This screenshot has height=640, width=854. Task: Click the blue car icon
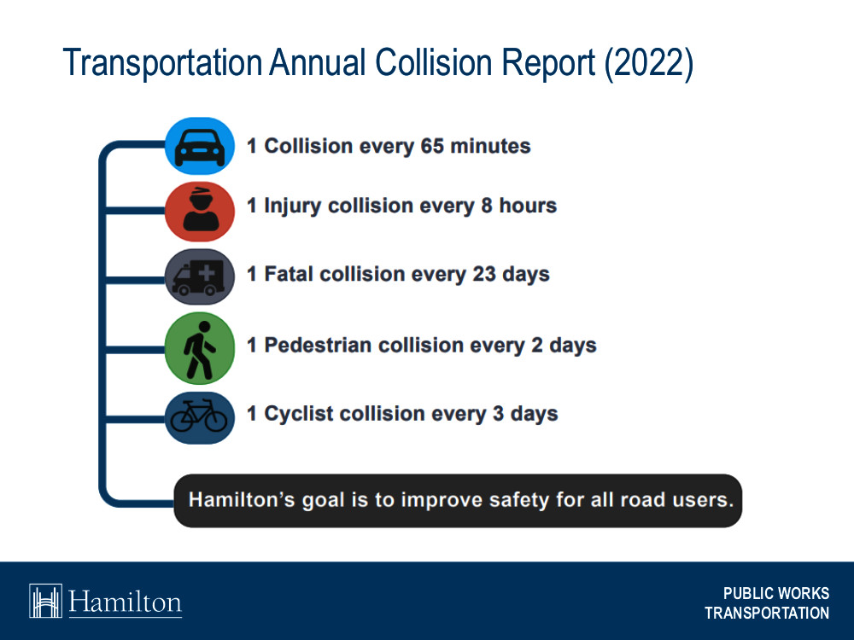point(199,146)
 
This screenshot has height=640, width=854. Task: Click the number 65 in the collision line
point(432,146)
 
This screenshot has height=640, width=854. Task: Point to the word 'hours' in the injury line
point(527,206)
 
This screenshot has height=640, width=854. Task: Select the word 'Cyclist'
point(299,414)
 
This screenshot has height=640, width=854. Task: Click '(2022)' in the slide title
point(648,65)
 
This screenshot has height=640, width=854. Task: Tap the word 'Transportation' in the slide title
point(161,65)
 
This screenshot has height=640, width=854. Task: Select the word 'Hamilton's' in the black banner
point(242,499)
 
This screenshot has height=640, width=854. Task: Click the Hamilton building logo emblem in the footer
point(46,601)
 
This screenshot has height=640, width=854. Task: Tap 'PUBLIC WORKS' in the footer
point(775,594)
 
